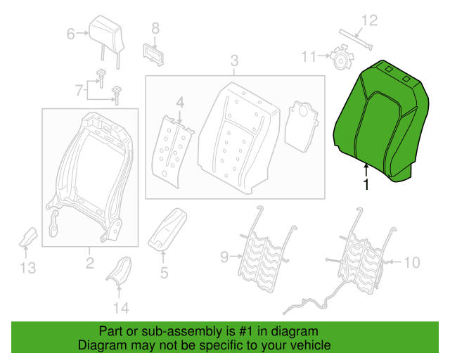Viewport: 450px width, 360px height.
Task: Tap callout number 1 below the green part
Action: [366, 184]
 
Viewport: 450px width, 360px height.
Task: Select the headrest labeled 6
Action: [106, 42]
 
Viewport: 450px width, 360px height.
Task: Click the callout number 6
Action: [70, 34]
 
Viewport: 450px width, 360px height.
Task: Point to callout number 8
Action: [155, 28]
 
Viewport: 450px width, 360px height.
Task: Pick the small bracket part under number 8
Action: [153, 55]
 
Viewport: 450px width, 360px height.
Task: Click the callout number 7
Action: [79, 90]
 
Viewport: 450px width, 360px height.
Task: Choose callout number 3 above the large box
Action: [234, 60]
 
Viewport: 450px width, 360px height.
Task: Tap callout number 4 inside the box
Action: [180, 103]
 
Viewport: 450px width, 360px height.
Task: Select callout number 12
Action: [369, 20]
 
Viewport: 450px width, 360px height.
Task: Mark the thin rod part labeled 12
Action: [356, 39]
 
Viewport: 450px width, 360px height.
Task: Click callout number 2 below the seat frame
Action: [90, 263]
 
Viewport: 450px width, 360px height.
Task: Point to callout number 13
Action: [28, 268]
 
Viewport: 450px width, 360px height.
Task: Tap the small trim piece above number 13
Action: [28, 238]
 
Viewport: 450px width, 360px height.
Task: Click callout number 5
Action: [164, 272]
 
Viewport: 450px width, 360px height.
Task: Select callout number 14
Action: [121, 308]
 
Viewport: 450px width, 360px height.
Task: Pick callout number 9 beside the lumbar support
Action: [224, 257]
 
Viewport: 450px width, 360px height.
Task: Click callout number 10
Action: [412, 262]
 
